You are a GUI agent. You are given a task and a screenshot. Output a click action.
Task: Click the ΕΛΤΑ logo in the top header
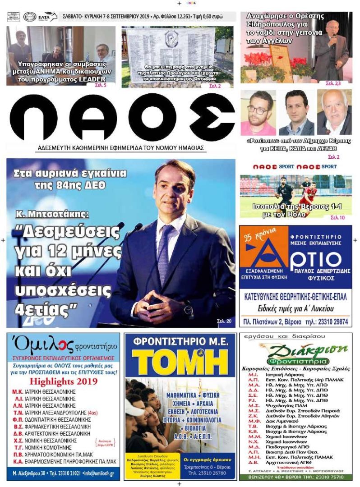coord(47,17)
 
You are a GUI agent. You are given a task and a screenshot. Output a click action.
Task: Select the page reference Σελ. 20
coord(224,321)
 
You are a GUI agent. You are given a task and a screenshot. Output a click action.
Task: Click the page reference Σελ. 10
coord(337,217)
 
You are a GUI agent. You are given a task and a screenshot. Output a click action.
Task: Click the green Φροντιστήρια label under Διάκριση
coord(295,361)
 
